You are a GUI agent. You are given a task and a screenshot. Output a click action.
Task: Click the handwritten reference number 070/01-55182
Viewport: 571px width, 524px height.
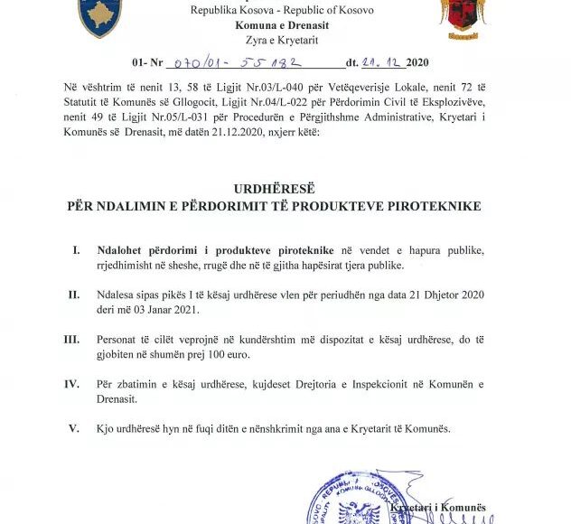242,62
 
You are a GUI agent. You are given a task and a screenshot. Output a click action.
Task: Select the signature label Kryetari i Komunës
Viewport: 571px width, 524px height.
438,508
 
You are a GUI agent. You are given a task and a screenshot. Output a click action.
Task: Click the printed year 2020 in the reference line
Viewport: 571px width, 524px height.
417,63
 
